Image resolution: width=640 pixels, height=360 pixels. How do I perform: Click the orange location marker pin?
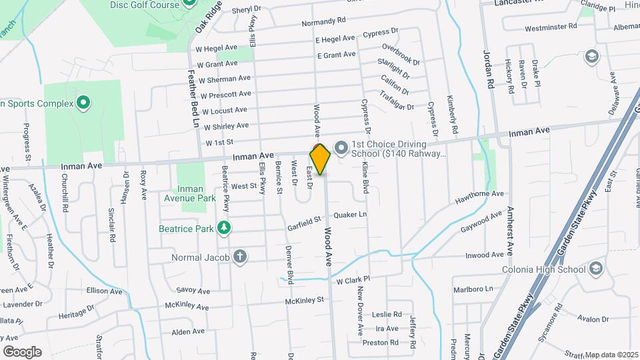[x=320, y=159]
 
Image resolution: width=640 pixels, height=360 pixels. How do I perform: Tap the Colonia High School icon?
[x=596, y=269]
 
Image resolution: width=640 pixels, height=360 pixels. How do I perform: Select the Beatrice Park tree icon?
[x=225, y=229]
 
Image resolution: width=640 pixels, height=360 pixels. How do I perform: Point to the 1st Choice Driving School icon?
[x=341, y=146]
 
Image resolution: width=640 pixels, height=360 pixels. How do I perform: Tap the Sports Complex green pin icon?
[x=83, y=103]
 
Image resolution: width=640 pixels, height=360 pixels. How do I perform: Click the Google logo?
[x=22, y=351]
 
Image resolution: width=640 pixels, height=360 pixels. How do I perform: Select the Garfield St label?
[x=305, y=219]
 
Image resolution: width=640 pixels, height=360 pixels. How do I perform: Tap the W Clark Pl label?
[x=353, y=280]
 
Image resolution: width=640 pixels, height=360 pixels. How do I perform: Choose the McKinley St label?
[x=304, y=301]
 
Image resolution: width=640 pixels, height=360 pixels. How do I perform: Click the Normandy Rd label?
[x=323, y=22]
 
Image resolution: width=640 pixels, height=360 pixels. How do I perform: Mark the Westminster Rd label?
[x=551, y=27]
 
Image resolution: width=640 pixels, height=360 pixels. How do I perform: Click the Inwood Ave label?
[x=485, y=255]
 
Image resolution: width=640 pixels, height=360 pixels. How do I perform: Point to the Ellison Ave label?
[x=105, y=291]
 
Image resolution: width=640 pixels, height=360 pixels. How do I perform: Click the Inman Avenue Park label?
[x=189, y=193]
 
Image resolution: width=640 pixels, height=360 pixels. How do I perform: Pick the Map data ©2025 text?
[x=611, y=354]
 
